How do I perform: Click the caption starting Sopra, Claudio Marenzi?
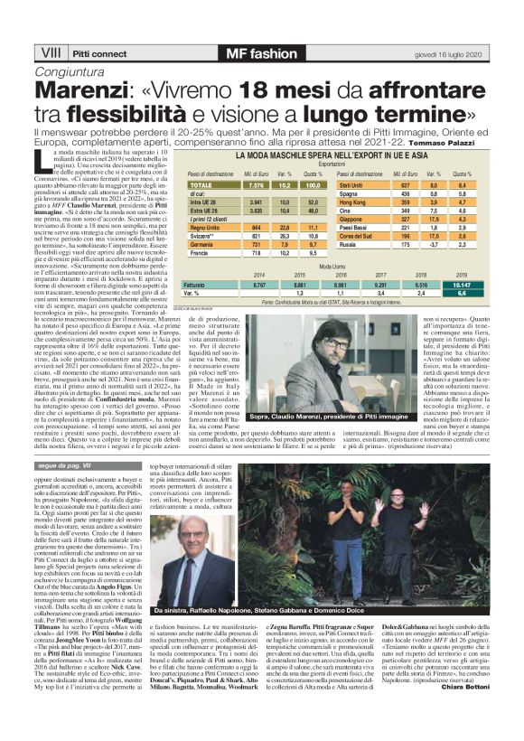pos(323,417)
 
